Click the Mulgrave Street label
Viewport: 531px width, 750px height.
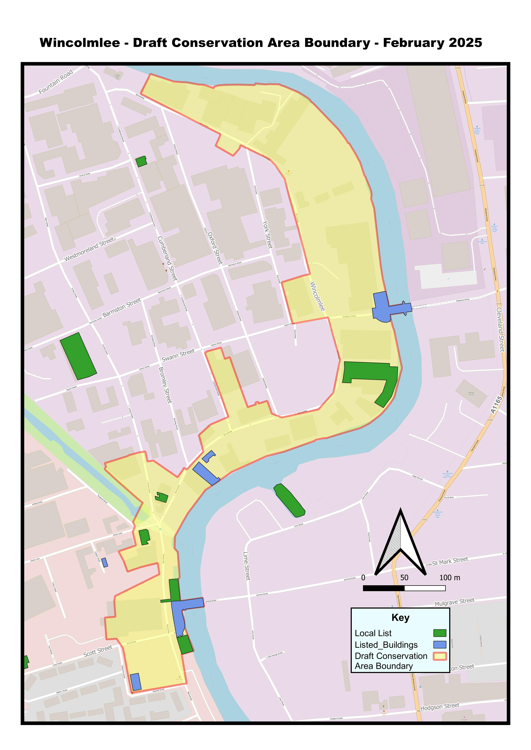click(454, 602)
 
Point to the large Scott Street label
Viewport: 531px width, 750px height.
click(98, 651)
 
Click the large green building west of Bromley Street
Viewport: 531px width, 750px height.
click(78, 356)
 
